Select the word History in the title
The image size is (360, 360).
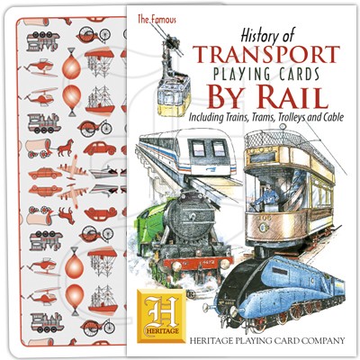tap(256, 37)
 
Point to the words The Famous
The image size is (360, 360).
tap(157, 20)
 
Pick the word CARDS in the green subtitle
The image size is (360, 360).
tap(298, 74)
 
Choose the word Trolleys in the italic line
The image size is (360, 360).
tap(292, 117)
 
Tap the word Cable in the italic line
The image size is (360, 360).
tap(332, 117)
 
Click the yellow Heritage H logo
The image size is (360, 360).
tap(161, 316)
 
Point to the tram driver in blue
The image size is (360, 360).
tap(266, 196)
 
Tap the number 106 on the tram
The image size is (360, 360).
tap(265, 218)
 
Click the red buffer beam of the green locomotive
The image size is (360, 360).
tap(198, 264)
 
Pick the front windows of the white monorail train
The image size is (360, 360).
tap(209, 148)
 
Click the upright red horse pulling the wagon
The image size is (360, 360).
tap(66, 148)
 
